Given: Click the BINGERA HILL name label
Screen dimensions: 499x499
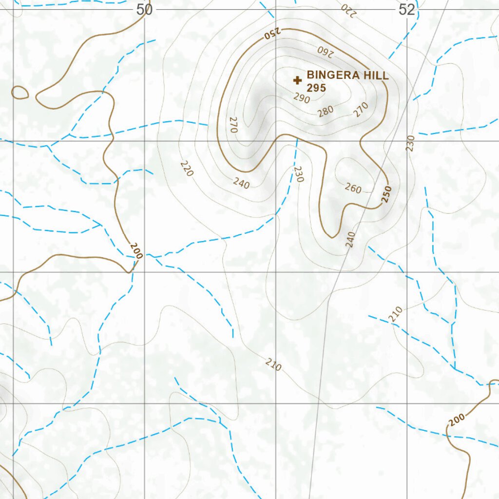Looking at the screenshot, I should point(347,76).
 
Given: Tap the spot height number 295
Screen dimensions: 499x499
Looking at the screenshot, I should point(316,88).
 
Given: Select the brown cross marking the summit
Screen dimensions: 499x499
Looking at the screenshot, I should point(297,80).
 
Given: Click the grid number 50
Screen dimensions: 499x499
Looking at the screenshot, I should point(144,10).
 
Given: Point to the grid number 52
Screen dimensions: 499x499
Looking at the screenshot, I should point(407,10).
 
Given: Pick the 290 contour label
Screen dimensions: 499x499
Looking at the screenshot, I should point(302,98).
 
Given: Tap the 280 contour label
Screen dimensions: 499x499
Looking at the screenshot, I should point(325,111).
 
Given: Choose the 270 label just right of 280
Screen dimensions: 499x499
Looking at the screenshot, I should point(361,110).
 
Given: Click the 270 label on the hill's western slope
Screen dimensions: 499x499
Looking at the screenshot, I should point(232,125).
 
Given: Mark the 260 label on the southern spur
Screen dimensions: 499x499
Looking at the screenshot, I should point(353,188).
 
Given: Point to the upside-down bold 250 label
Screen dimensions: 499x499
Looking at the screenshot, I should point(272,34).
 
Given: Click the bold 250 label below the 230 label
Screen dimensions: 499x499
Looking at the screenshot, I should point(387,194).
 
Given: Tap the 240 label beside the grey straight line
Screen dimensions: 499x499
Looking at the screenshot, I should point(350,240).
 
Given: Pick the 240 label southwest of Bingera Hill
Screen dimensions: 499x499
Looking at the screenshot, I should point(241,183).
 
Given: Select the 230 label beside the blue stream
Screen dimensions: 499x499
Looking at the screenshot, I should point(298,174).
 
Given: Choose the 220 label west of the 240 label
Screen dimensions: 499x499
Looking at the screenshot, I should point(186,169).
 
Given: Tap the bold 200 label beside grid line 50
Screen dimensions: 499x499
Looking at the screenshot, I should point(136,250).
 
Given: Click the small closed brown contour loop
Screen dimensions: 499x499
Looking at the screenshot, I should point(19,93).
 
